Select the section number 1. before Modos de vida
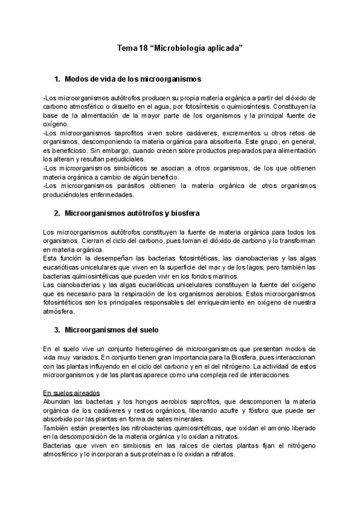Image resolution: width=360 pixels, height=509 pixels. [x=58, y=79]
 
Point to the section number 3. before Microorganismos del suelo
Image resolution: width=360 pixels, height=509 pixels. [x=58, y=330]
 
